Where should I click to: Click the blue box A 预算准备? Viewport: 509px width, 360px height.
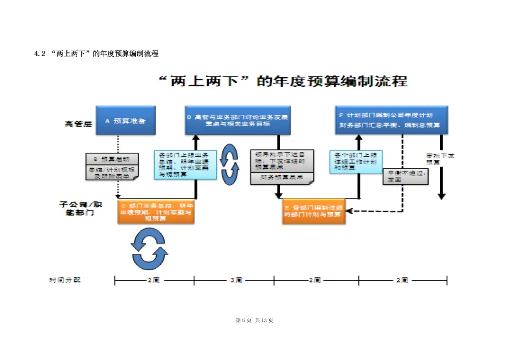point(125,121)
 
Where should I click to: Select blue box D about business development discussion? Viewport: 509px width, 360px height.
point(237,120)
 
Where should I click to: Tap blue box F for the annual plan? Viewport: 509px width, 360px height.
point(391,120)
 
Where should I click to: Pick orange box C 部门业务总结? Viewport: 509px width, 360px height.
point(156,212)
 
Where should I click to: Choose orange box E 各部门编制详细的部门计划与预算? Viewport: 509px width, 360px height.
point(314,212)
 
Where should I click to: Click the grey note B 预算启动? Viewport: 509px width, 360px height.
point(112,166)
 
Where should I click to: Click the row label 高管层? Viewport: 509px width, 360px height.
point(77,124)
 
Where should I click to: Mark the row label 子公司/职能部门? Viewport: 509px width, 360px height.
point(81,209)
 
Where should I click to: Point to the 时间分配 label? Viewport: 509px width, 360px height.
point(65,280)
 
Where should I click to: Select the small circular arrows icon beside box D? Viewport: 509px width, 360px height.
point(230,164)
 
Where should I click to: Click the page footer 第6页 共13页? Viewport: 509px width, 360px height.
point(254,320)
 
